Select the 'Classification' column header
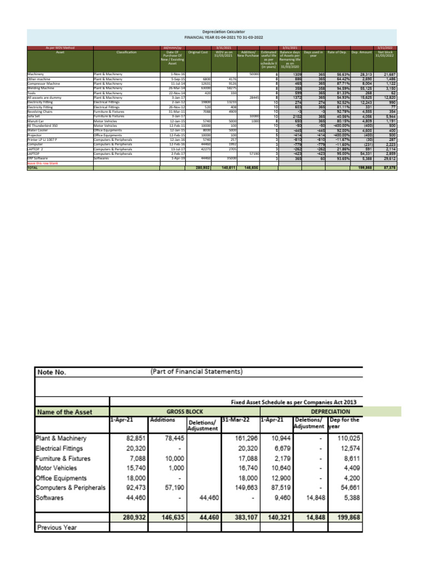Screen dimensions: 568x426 (x=126, y=52)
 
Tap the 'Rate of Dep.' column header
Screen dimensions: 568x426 (x=338, y=52)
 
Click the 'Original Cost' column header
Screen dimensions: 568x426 (x=197, y=52)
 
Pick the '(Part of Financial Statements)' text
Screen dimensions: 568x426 (x=196, y=371)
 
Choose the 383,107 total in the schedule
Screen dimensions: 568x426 (x=240, y=517)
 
